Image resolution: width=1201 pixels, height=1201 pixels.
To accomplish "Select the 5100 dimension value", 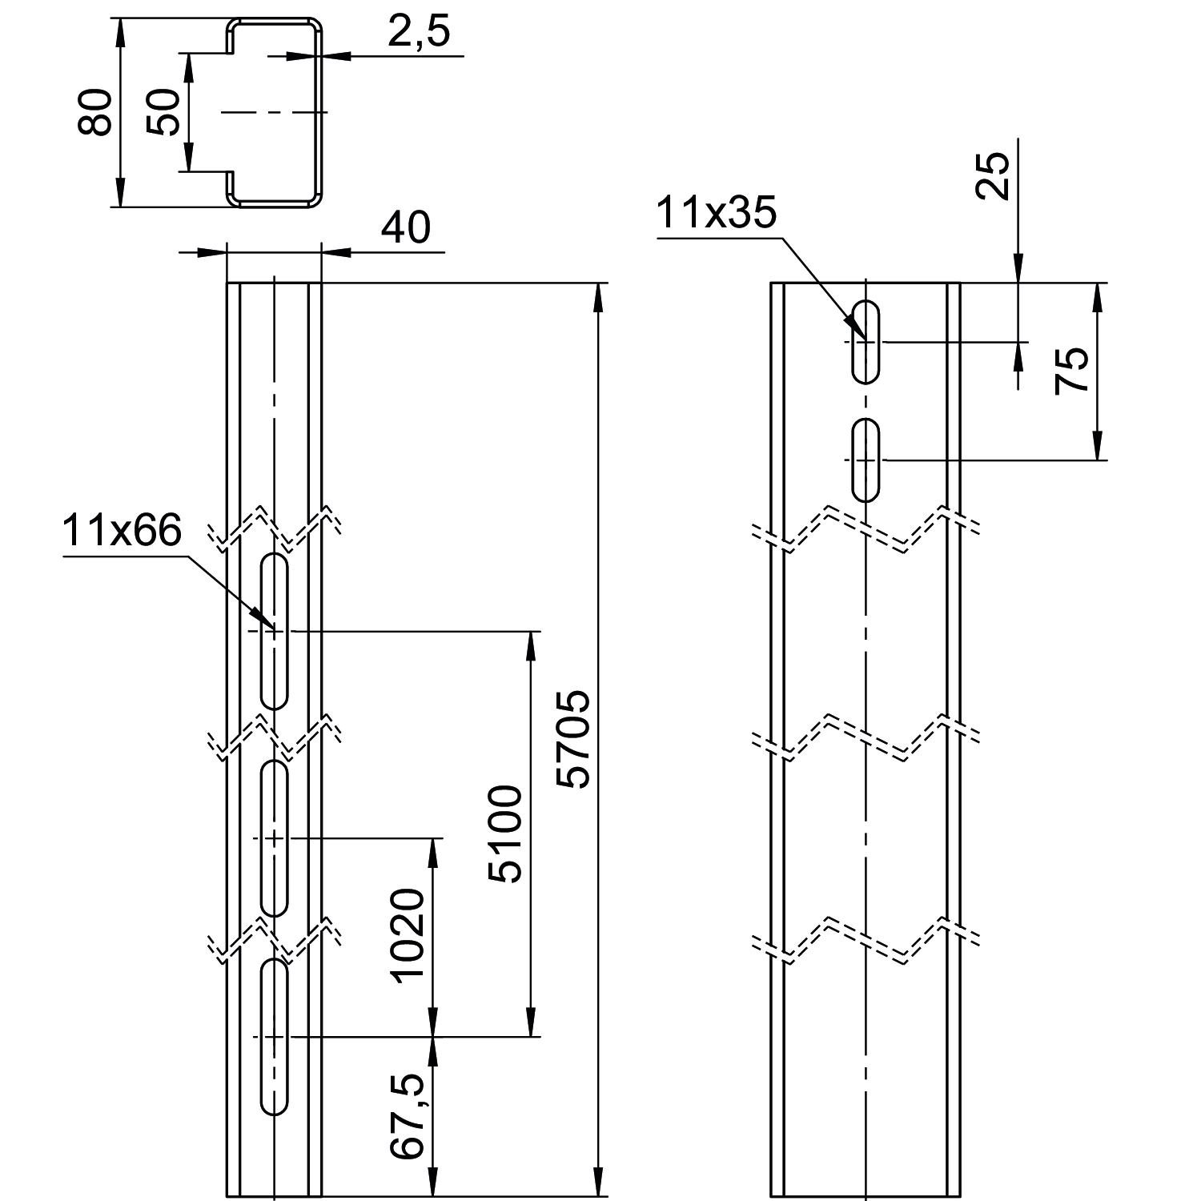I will (506, 833).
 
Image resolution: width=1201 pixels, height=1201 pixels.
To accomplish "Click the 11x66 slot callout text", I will (123, 531).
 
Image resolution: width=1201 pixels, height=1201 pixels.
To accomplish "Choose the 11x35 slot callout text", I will (716, 214).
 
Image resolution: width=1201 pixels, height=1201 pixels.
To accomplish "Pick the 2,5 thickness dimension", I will (420, 33).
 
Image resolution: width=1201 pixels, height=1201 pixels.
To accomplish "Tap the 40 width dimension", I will (405, 228).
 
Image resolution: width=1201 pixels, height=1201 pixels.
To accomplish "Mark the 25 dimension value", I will (994, 175).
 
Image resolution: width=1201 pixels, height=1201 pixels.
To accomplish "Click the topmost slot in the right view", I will (866, 341).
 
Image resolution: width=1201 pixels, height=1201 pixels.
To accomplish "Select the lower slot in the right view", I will (866, 460).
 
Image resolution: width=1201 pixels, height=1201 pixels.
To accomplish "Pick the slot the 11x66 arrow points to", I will (275, 631).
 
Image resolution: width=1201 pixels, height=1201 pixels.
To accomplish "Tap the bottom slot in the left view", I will (275, 1036).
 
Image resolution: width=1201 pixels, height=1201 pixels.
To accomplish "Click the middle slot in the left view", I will (275, 838).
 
